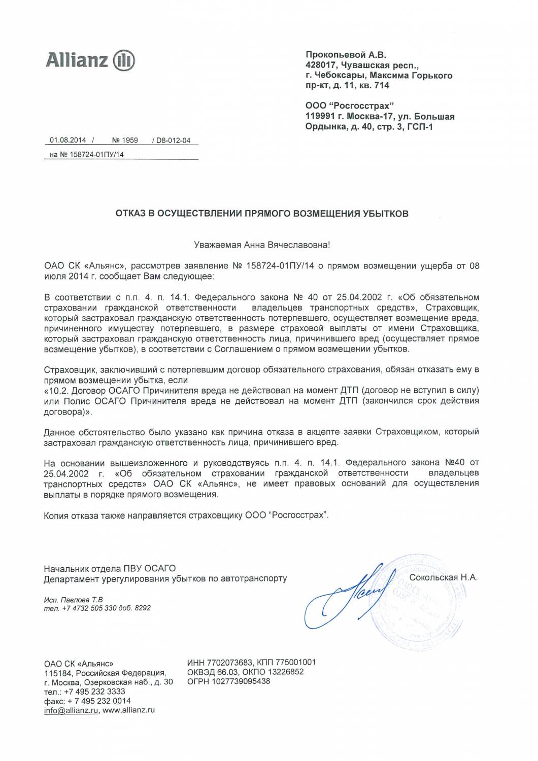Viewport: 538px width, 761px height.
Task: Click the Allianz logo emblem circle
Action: (124, 60)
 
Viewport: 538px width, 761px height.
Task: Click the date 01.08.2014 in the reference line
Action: (68, 140)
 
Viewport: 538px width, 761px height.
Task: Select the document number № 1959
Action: (125, 140)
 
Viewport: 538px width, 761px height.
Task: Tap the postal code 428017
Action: (320, 65)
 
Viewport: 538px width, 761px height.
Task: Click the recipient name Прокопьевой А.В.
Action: (346, 55)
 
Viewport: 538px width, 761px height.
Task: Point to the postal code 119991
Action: (320, 116)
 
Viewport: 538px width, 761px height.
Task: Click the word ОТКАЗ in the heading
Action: (130, 214)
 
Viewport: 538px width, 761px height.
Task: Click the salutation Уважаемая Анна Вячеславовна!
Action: (262, 245)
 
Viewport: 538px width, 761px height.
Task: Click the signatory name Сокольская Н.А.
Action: (443, 577)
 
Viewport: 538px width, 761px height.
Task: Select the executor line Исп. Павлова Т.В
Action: (74, 600)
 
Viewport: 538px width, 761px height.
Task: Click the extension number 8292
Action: (143, 608)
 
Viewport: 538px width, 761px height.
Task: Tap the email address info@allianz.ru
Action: (71, 710)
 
